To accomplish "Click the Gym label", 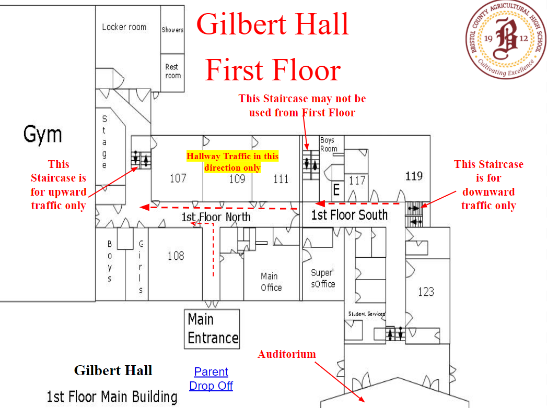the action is coord(42,135).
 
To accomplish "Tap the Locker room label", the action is coord(124,27).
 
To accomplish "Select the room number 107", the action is coord(178,178).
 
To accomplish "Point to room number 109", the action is coord(237,179).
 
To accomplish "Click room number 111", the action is coord(281,179).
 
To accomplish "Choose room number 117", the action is coord(357,181).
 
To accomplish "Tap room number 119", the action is coord(414,176).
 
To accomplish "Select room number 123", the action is coord(426,292).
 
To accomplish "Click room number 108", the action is coord(176,256).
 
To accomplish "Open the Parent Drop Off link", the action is coord(211,379).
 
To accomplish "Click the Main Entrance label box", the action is coord(212,329).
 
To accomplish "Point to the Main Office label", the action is coord(271,282).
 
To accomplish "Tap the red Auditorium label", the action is coord(287,354).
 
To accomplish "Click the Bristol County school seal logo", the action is coord(506,39).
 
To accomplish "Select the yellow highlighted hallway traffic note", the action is coord(232,162).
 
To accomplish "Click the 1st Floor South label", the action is coord(350,215).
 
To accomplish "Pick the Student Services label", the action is coord(367,314).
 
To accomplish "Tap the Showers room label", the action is coord(172,30).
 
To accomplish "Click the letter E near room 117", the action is coord(336,190).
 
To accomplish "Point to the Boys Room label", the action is coord(329,144).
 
